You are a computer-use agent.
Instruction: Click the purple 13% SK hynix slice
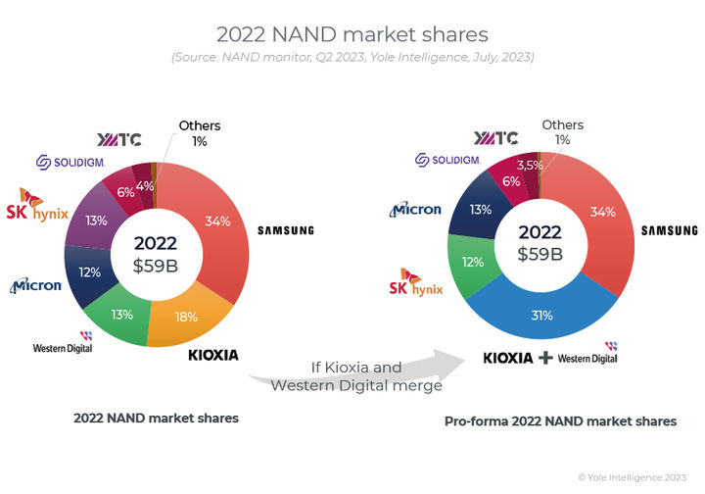[96, 221]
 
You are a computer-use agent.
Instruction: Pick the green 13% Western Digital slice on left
[120, 315]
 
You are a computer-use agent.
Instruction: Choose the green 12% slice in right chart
[473, 263]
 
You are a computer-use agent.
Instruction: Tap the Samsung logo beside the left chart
[285, 230]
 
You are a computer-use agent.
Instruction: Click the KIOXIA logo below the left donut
[212, 353]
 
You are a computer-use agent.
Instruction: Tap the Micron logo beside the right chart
[416, 209]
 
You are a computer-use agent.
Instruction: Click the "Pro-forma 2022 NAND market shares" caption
[560, 420]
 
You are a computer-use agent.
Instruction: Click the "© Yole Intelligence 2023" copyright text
[633, 476]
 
